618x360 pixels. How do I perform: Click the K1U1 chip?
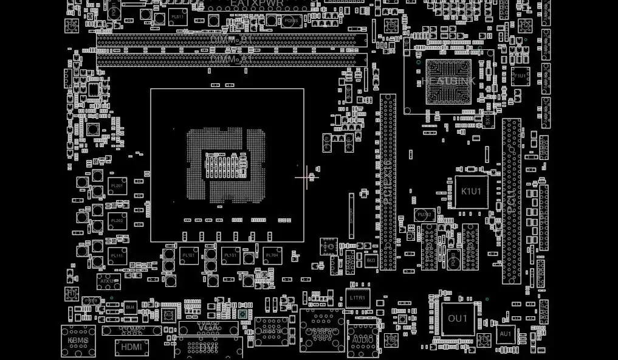pos(471,192)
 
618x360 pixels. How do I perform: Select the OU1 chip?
pos(458,319)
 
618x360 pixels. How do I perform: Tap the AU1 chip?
pos(505,334)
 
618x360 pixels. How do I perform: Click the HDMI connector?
pos(131,347)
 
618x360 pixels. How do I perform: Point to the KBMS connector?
pos(78,341)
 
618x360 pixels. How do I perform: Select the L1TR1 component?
pos(357,298)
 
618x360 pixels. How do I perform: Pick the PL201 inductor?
pos(117,185)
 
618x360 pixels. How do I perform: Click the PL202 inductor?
pos(117,221)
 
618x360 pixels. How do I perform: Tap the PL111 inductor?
pos(117,256)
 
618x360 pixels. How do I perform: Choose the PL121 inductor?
pos(188,255)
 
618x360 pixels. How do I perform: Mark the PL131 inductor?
pos(230,255)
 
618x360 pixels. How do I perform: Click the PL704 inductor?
pos(272,255)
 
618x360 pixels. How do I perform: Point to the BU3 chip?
pos(371,260)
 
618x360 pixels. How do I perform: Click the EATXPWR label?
pos(256,4)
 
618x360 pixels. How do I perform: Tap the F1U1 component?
pos(520,76)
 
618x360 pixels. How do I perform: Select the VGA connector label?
pos(208,327)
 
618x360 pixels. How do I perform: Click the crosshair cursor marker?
pos(306,177)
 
